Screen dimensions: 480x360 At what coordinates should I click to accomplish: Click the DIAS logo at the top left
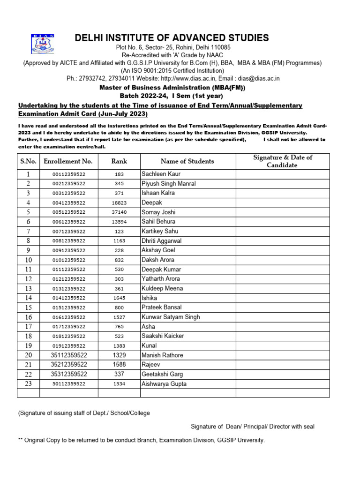pos(43,44)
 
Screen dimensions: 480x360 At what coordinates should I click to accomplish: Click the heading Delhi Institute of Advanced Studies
pos(172,38)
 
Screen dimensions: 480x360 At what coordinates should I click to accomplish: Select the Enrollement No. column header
pos(68,161)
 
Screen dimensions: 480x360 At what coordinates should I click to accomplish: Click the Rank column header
pos(119,161)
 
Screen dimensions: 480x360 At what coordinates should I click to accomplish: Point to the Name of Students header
pos(187,161)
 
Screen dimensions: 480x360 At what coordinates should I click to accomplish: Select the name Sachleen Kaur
pos(157,174)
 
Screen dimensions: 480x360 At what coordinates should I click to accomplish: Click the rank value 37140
pos(119,212)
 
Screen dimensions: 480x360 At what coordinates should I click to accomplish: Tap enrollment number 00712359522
pos(68,231)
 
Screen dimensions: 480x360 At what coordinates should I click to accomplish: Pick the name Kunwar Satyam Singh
pos(171,317)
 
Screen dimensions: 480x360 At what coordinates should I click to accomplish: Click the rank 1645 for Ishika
pos(119,298)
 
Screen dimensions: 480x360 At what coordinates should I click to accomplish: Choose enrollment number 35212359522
pos(68,365)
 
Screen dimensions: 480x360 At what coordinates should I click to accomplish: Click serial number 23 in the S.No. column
pos(28,384)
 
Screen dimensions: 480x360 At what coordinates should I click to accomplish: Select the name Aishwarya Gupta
pos(164,384)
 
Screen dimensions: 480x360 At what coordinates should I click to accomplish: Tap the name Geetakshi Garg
pos(162,374)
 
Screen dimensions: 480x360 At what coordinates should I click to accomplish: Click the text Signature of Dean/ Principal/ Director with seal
pos(252,427)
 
